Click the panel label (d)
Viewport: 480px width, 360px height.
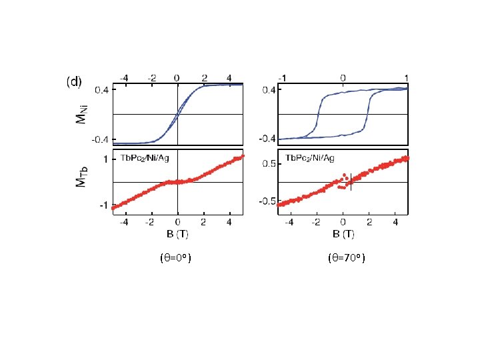click(74, 82)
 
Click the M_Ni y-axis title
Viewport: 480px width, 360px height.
click(82, 115)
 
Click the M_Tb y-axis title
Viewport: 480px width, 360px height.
click(82, 177)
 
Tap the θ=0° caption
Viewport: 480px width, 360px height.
click(176, 258)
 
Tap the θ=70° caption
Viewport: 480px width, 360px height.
click(347, 258)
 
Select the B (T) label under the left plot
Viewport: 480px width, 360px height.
click(177, 234)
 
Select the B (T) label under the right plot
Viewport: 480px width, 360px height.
click(343, 234)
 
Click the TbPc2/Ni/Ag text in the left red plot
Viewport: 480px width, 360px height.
click(145, 158)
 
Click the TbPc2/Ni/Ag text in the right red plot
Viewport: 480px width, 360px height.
click(310, 158)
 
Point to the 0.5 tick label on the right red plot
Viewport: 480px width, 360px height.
click(269, 164)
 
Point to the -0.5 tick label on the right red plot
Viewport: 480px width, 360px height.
click(267, 201)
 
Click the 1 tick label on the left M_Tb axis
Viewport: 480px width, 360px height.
click(105, 159)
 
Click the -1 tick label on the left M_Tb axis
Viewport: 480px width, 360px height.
click(104, 205)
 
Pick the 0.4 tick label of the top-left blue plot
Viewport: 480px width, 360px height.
click(101, 90)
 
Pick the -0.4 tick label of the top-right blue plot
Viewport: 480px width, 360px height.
click(267, 139)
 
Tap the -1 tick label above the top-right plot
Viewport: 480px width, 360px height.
click(282, 79)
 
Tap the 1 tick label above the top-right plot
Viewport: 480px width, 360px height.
click(406, 79)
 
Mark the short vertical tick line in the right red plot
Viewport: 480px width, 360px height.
click(351, 182)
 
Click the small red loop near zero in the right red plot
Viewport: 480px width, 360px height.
click(343, 181)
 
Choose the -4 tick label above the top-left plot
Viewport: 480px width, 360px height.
click(124, 79)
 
